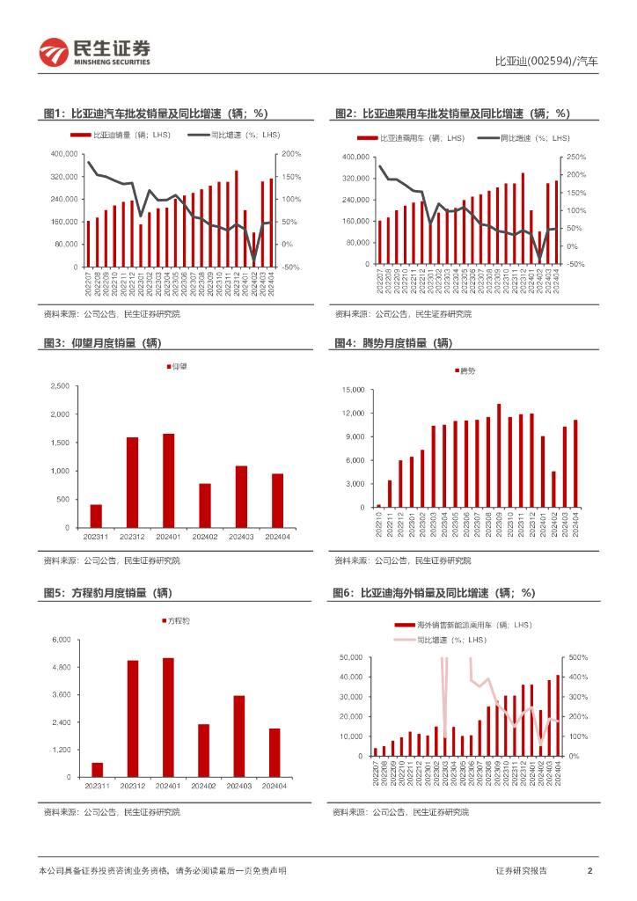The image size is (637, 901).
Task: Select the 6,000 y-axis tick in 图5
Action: click(59, 640)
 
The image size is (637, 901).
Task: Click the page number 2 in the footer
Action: click(589, 871)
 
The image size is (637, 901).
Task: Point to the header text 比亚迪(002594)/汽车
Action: click(546, 62)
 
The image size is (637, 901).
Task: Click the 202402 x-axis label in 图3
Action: click(204, 537)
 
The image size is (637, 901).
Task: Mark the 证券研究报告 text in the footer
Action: click(521, 871)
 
